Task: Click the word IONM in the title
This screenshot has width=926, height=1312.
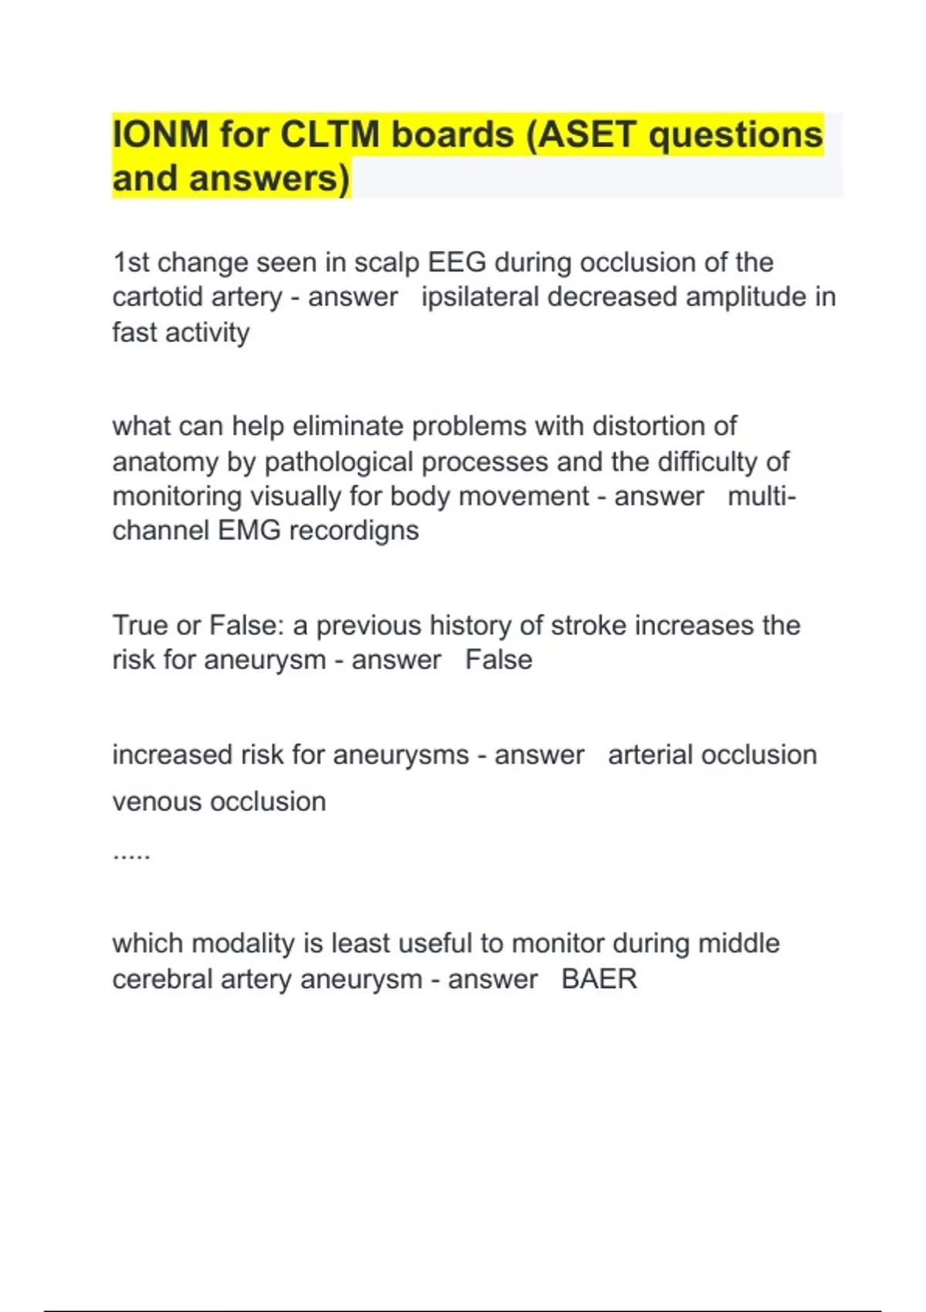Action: click(161, 134)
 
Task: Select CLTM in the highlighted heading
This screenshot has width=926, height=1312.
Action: click(330, 134)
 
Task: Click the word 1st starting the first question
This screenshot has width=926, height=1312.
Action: click(130, 262)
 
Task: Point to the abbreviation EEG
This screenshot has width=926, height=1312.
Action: click(457, 262)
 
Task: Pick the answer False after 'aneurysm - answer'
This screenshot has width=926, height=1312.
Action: click(498, 661)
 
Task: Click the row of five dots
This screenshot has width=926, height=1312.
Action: click(131, 855)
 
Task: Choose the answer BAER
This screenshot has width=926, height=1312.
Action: click(599, 979)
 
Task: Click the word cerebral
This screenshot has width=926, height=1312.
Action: click(163, 979)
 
